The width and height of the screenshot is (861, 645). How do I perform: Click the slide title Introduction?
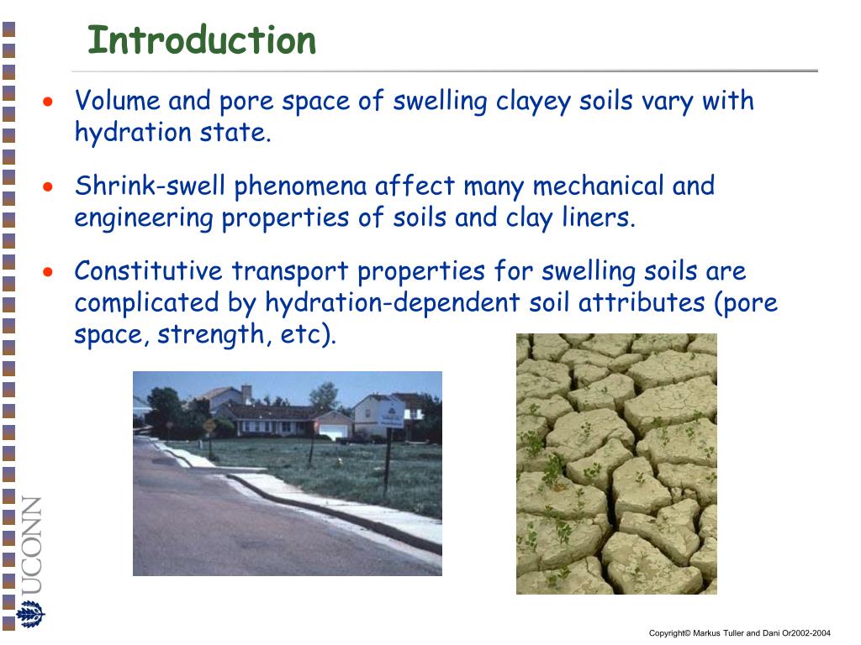[202, 40]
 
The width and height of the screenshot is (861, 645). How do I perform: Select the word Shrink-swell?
[151, 186]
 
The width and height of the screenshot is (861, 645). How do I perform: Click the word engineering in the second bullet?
[144, 218]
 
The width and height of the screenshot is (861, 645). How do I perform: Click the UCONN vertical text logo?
[31, 546]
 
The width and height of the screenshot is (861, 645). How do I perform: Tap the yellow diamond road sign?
[209, 424]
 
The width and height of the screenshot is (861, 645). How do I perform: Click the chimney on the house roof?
[246, 391]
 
